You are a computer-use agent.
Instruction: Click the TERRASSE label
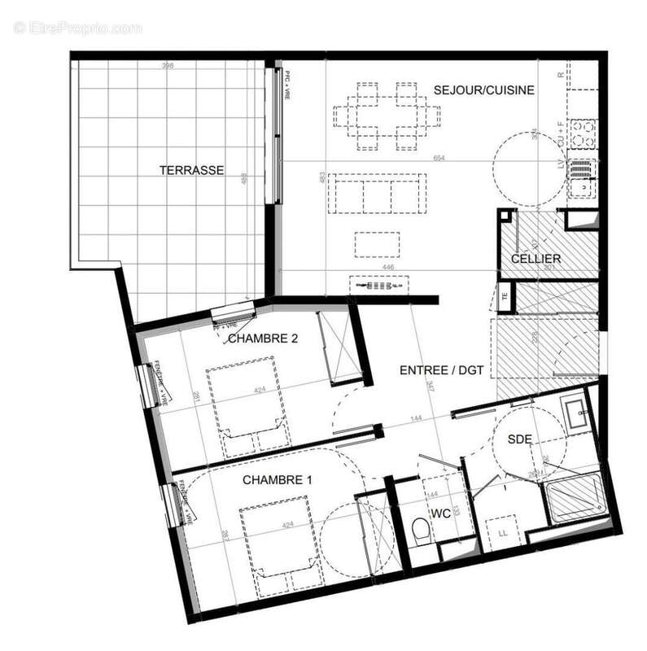tap(192, 171)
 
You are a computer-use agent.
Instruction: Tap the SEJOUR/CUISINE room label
tap(483, 90)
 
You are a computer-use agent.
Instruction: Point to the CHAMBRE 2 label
tap(261, 339)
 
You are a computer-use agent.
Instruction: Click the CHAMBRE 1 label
tap(278, 480)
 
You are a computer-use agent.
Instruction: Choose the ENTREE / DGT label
tap(442, 370)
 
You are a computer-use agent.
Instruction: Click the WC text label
tap(440, 514)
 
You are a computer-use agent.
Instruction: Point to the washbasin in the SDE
tap(579, 413)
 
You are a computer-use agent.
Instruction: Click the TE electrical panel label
tap(505, 296)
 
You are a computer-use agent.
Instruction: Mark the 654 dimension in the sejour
tap(439, 158)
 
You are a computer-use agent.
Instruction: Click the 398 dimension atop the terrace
tap(168, 66)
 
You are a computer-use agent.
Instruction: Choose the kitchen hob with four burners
tap(583, 133)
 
